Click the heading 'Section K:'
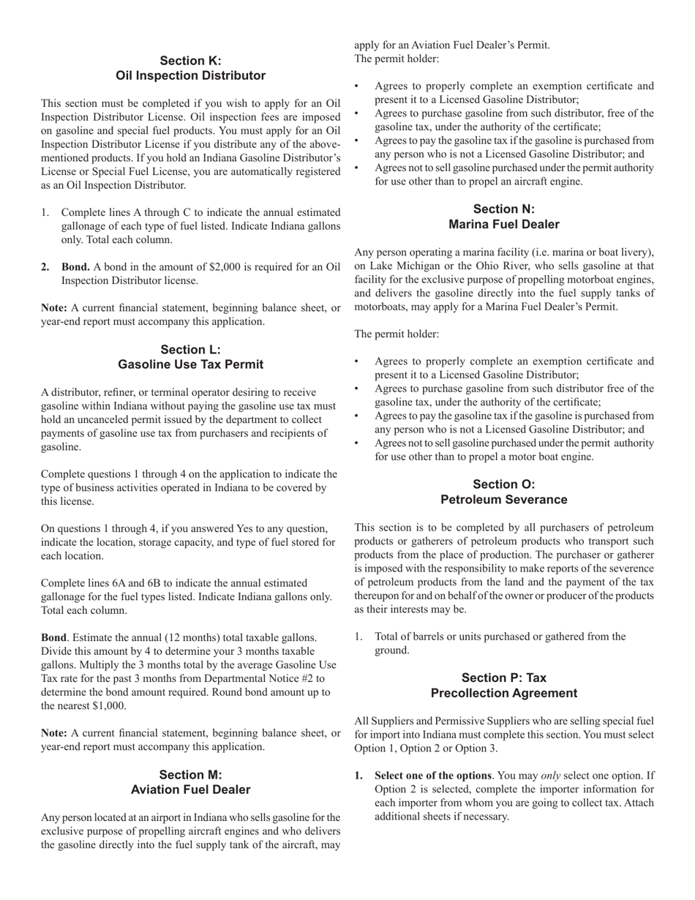click(x=190, y=61)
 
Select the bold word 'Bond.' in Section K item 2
click(x=76, y=266)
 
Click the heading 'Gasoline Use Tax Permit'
click(x=190, y=364)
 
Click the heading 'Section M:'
click(x=190, y=774)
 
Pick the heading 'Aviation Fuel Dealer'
click(x=190, y=790)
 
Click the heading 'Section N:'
click(x=503, y=209)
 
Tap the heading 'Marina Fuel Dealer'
click(x=503, y=225)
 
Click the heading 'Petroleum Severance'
click(x=503, y=500)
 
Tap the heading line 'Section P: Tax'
click(x=503, y=678)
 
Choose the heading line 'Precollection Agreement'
click(x=503, y=693)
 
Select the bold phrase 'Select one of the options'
click(x=432, y=776)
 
